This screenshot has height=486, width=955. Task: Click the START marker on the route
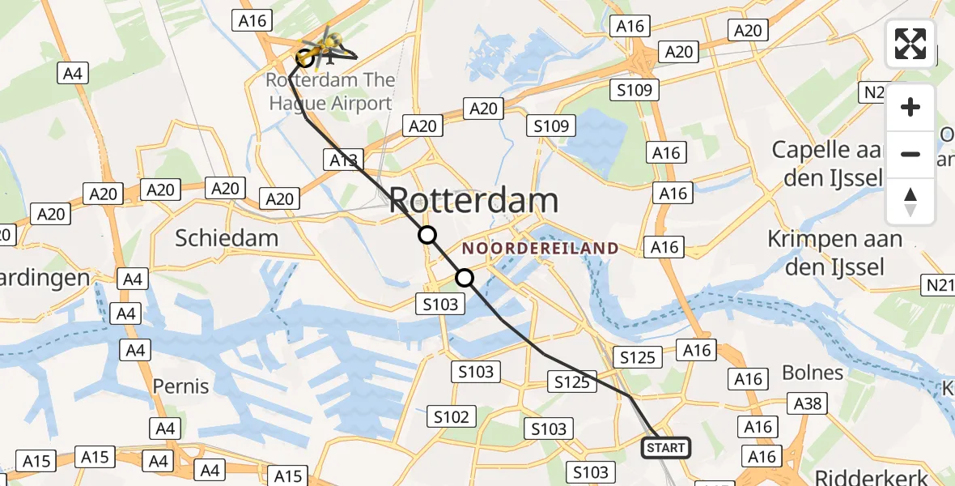pos(665,448)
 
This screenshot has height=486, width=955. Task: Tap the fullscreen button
pos(910,44)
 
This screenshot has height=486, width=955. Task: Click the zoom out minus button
pos(910,154)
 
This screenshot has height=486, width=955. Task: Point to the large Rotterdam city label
pos(473,200)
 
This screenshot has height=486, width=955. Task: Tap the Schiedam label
pos(227,237)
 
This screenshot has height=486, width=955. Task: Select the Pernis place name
pos(181,386)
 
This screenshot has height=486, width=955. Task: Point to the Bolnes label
pos(813,373)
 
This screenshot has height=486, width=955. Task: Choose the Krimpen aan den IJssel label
pos(834,252)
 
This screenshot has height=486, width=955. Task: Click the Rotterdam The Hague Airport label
pos(330,92)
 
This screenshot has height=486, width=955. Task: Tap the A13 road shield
pos(344,160)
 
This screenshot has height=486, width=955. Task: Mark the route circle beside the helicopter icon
pos(306,58)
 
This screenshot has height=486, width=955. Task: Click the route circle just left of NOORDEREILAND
pos(465,278)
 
